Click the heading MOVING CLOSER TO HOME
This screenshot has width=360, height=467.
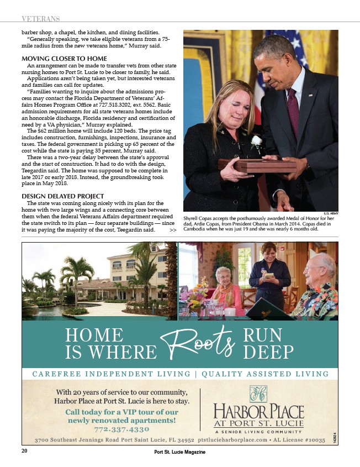click(64, 59)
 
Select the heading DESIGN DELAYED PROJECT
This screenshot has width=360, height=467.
click(62, 196)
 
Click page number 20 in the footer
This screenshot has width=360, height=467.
click(24, 451)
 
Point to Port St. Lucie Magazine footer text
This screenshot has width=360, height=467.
click(180, 452)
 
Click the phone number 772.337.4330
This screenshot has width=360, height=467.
click(121, 429)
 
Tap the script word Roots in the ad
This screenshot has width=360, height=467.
click(197, 342)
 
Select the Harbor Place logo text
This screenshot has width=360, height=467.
click(258, 412)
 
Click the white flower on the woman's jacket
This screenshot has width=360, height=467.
click(256, 142)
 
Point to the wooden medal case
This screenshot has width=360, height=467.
click(257, 165)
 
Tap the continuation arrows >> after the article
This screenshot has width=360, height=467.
click(173, 230)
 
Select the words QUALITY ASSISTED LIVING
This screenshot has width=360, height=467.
click(266, 374)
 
